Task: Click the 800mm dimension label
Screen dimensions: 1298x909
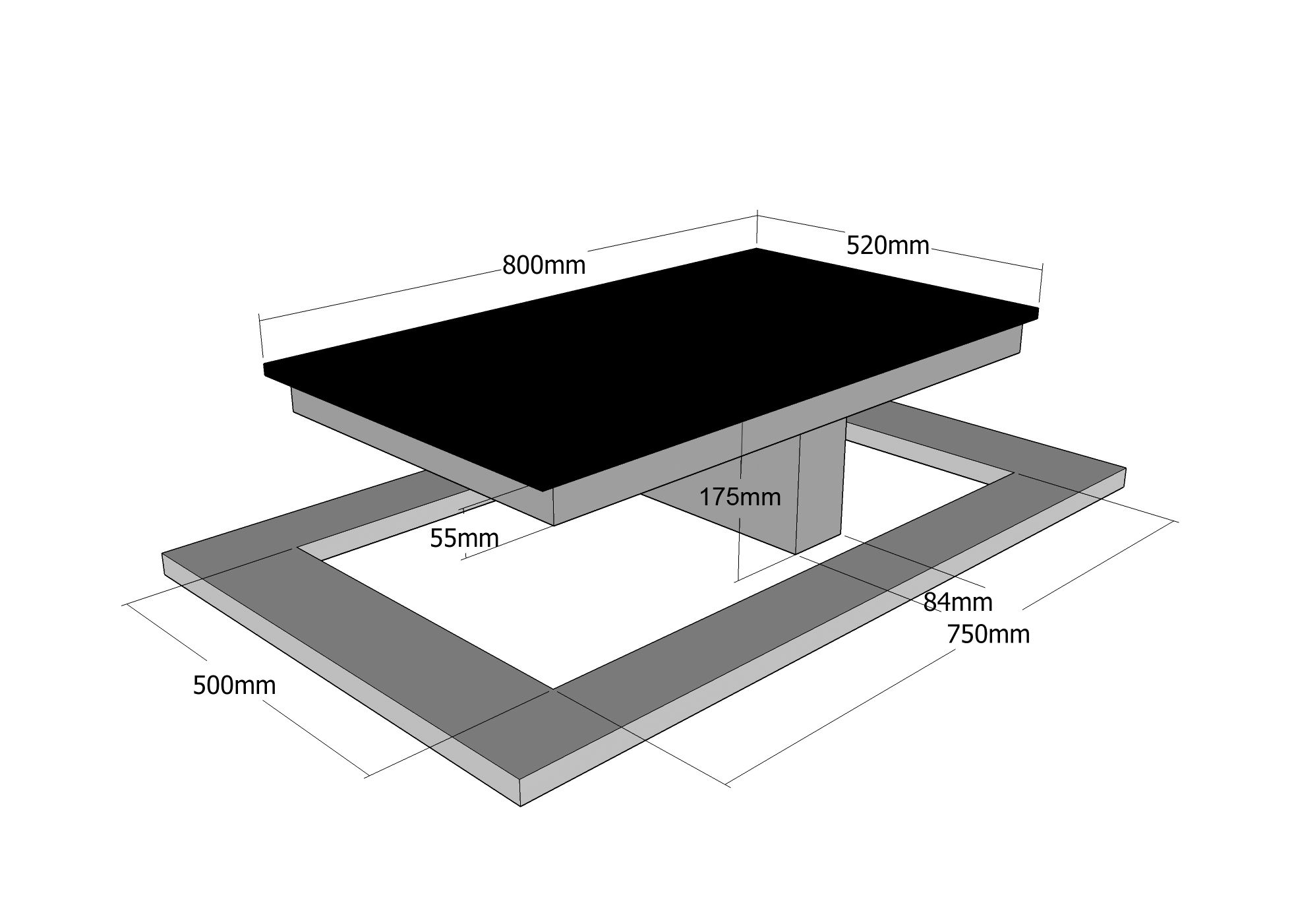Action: pos(544,265)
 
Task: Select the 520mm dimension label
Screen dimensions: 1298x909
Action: pos(887,245)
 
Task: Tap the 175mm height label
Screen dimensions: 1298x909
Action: pos(740,497)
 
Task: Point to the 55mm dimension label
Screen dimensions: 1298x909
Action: pos(464,538)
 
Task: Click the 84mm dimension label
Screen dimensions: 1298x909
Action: pos(957,602)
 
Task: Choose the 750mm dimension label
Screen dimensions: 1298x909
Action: pos(988,634)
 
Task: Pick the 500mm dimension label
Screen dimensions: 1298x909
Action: pos(234,686)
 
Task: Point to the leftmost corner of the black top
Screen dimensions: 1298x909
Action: pos(264,364)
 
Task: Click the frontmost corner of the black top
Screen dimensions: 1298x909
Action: pos(542,491)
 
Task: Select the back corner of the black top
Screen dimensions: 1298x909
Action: pos(756,249)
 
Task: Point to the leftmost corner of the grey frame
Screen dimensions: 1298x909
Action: pos(163,554)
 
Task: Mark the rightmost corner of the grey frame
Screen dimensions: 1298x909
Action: pos(1125,468)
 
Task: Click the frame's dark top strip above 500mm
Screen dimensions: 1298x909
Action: pos(369,633)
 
